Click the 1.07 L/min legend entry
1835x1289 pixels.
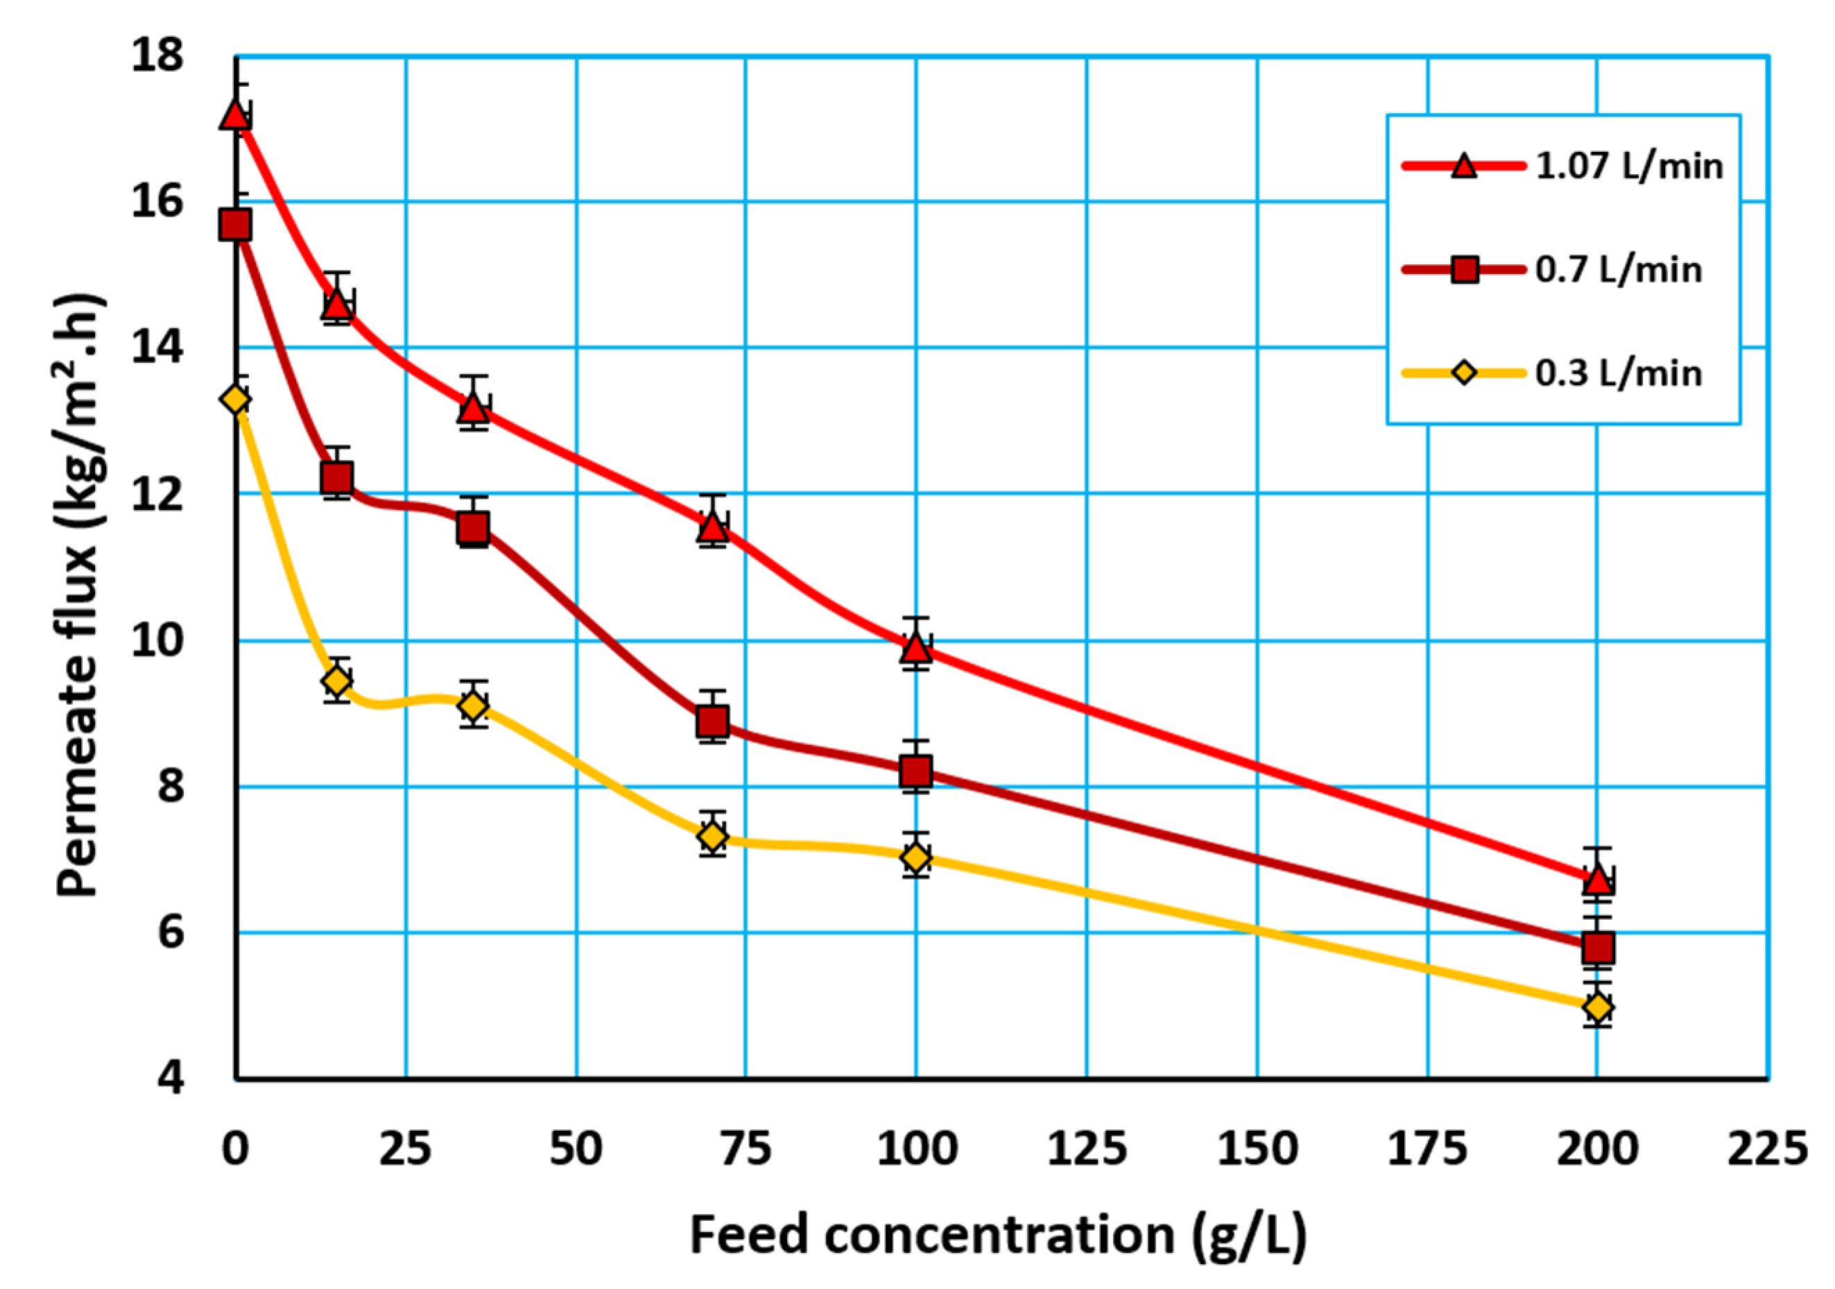(x=1629, y=167)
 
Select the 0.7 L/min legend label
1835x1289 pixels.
(x=1619, y=271)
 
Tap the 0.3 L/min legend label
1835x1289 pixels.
(x=1619, y=373)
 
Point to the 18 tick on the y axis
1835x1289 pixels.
(x=157, y=57)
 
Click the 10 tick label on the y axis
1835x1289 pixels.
(x=157, y=640)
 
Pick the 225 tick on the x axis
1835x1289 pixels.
(x=1767, y=1149)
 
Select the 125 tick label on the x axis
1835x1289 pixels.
(x=1087, y=1149)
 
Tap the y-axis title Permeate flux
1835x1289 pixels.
(x=80, y=596)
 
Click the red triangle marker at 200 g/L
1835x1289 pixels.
(x=1598, y=880)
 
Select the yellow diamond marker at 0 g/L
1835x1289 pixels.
(x=236, y=399)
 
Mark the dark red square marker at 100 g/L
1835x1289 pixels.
(x=916, y=771)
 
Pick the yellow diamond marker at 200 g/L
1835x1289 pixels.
(x=1598, y=1007)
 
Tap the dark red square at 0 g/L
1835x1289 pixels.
(x=236, y=225)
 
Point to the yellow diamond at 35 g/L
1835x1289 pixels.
(x=473, y=706)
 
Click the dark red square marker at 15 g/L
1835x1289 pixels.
(x=336, y=478)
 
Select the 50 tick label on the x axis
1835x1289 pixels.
(x=576, y=1149)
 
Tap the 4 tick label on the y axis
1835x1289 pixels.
(x=169, y=1078)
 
